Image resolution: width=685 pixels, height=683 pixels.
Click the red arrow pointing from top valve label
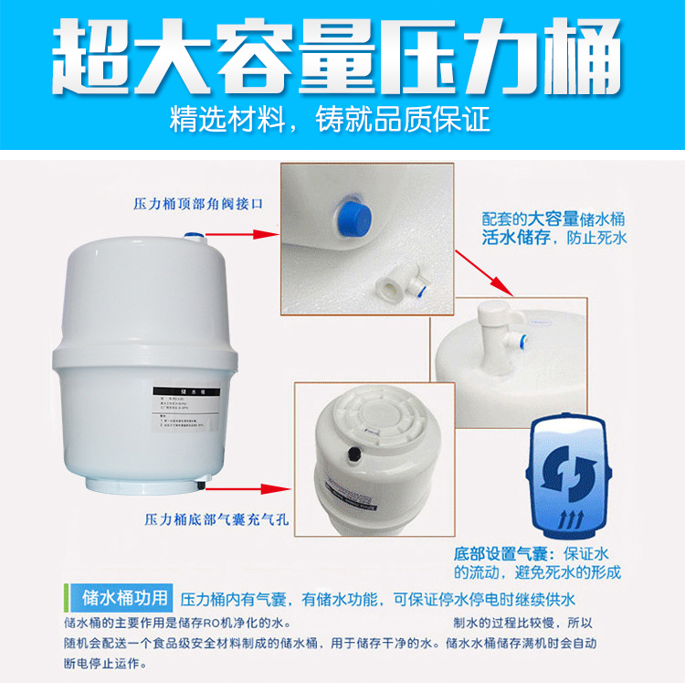(252, 234)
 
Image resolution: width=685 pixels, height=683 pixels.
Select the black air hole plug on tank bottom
(348, 452)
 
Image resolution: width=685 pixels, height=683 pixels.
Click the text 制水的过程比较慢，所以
(522, 623)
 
